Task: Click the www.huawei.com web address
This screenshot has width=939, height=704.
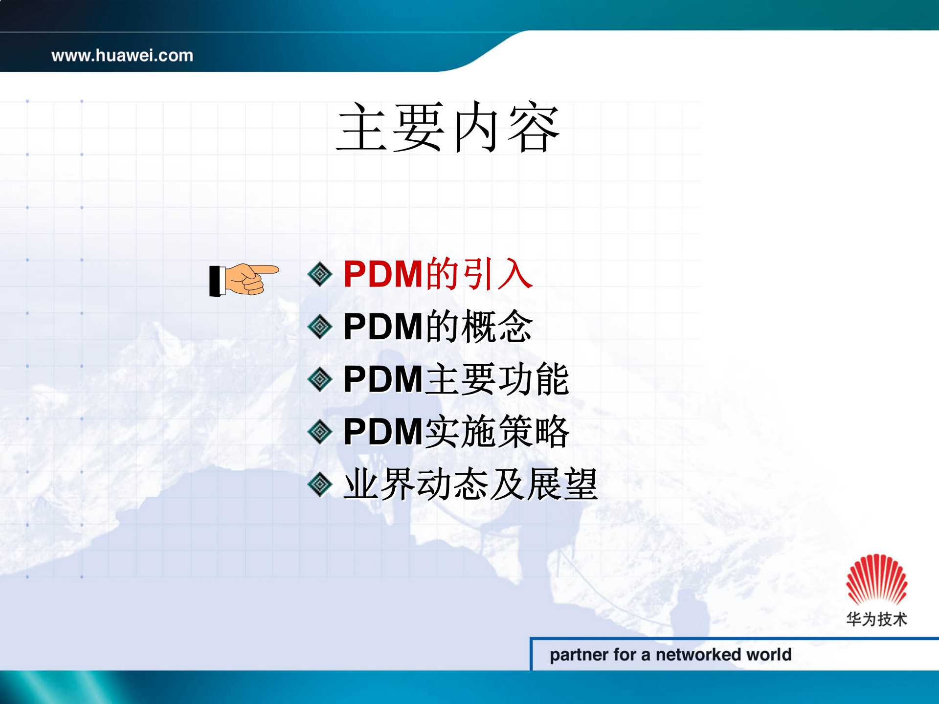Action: [122, 56]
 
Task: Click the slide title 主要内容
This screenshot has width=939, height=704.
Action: [448, 128]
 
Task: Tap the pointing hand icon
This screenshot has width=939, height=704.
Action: [245, 280]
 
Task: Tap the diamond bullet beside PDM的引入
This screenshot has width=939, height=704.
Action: [320, 274]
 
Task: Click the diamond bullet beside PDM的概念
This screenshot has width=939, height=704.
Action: [320, 327]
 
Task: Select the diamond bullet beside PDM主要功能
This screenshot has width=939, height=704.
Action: [320, 379]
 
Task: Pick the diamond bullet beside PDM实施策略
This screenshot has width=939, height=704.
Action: [320, 432]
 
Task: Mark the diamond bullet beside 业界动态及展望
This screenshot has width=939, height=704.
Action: [320, 484]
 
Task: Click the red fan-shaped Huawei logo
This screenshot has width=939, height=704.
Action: [876, 580]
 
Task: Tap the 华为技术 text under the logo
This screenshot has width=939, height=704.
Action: [876, 619]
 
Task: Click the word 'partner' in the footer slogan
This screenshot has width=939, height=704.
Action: [579, 655]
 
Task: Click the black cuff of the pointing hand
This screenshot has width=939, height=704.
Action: [215, 281]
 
